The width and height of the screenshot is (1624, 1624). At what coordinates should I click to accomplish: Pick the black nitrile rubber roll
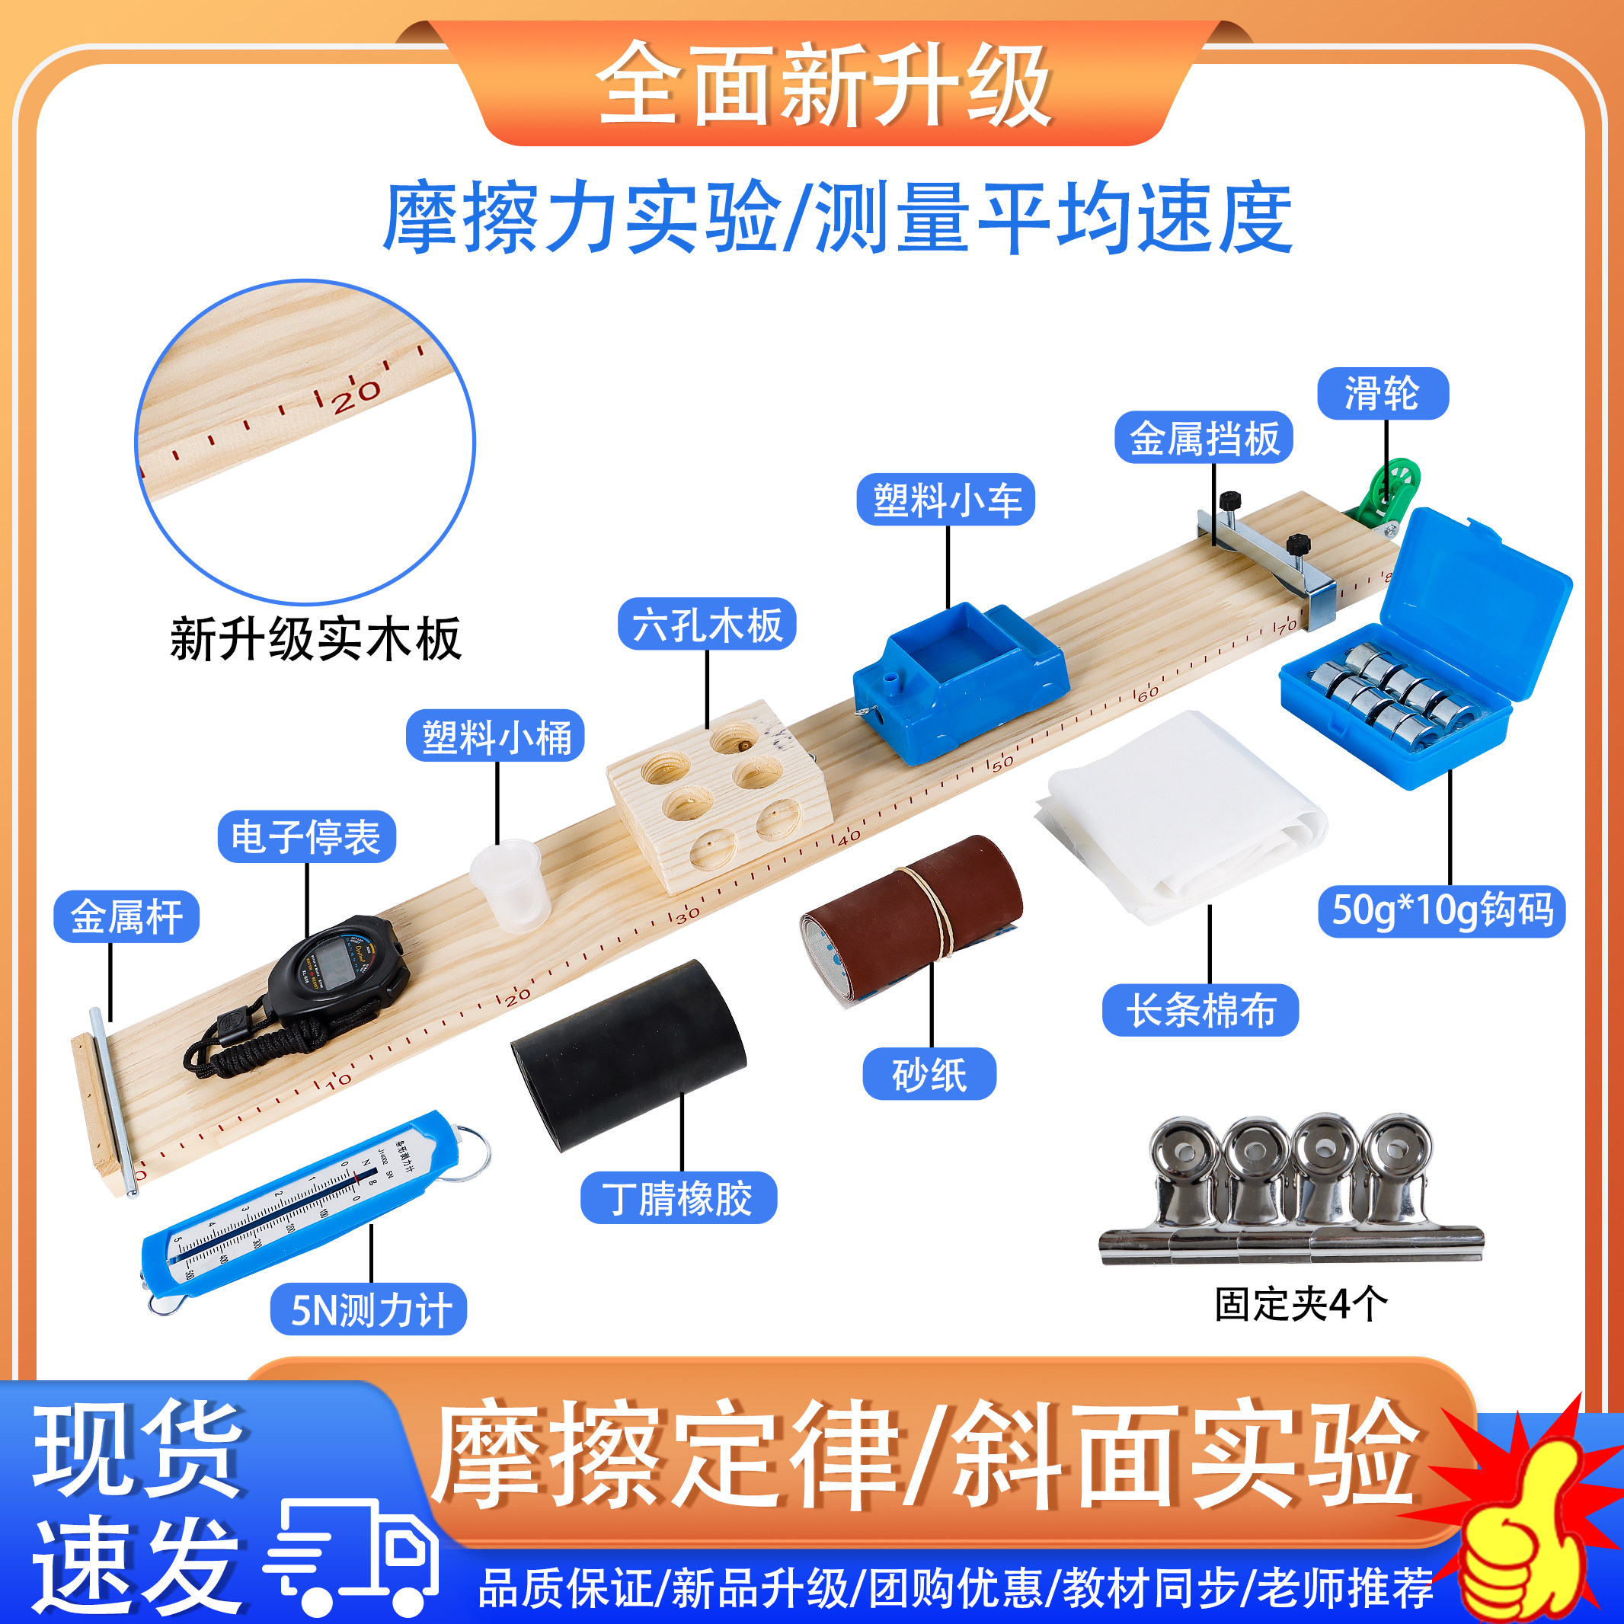(628, 1055)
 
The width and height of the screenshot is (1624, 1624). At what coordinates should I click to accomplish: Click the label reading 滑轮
(1382, 393)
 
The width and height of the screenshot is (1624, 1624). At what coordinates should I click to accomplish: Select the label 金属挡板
(1203, 438)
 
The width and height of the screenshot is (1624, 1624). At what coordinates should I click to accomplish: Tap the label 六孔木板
(706, 625)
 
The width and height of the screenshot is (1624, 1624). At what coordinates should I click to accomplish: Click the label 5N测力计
(368, 1309)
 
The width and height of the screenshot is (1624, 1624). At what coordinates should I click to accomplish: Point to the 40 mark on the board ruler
(849, 836)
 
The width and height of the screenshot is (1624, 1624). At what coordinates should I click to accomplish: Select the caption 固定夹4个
(1300, 1305)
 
